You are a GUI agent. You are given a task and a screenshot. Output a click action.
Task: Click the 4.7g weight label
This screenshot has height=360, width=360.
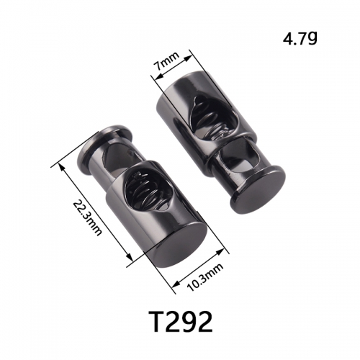point(300,38)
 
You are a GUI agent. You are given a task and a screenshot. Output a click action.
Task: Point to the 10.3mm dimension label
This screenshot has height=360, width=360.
point(206,276)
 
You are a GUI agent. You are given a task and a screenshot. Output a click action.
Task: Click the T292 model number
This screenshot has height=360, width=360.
point(181,321)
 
